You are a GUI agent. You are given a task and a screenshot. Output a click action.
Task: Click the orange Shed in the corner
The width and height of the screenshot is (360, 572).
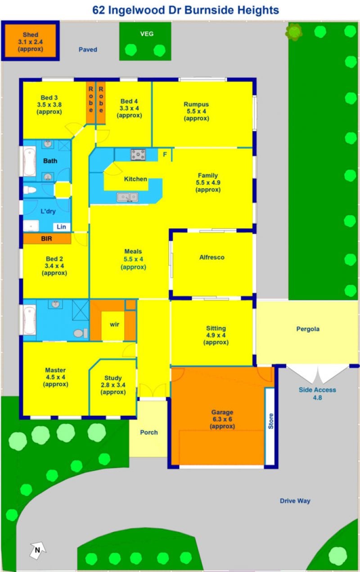[30, 41]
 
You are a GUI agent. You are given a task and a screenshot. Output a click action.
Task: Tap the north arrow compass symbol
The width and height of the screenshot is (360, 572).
[38, 549]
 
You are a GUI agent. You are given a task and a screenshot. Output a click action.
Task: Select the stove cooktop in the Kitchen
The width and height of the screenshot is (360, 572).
[138, 155]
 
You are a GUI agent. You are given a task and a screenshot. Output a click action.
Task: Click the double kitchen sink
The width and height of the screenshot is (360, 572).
[127, 198]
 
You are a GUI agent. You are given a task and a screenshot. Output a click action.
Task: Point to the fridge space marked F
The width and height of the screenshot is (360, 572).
[165, 154]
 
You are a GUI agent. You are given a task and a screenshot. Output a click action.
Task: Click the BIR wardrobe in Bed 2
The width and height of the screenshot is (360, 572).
[47, 239]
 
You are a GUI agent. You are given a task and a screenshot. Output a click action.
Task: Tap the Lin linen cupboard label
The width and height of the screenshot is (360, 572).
[61, 227]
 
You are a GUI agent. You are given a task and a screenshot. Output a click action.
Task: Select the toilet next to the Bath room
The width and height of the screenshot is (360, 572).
[30, 190]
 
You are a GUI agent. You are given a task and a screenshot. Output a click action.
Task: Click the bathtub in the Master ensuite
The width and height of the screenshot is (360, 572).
[30, 320]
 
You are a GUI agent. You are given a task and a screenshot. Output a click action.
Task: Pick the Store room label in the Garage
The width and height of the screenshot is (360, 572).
[270, 421]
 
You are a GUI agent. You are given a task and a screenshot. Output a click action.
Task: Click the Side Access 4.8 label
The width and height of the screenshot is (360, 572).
[317, 393]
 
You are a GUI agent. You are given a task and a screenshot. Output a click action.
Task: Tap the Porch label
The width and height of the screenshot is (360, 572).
[149, 432]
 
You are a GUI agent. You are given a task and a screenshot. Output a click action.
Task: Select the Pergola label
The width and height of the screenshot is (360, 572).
[308, 329]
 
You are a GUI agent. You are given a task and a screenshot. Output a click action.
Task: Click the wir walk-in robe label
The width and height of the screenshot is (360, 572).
[114, 324]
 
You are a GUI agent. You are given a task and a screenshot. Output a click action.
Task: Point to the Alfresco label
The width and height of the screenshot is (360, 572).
[212, 257]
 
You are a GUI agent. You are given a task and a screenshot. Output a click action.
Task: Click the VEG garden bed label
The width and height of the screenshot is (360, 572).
[147, 34]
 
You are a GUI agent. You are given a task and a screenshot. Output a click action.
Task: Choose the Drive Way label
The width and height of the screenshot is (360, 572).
[295, 501]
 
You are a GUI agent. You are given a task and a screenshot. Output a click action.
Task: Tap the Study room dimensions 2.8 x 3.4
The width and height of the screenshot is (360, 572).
[113, 385]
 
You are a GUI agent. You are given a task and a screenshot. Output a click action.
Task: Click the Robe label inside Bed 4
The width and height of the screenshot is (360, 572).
[101, 99]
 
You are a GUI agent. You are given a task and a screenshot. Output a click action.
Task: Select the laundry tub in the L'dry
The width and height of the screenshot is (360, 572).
[31, 226]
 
